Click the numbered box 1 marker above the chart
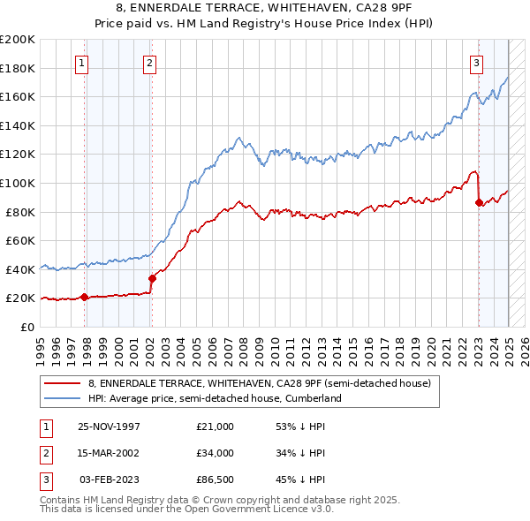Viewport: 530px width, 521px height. click(x=82, y=63)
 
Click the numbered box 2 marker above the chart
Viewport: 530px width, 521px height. click(x=150, y=63)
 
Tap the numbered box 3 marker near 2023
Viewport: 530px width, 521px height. click(x=476, y=63)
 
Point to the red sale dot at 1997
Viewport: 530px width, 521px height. click(x=85, y=297)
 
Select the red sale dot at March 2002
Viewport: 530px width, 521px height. click(x=152, y=278)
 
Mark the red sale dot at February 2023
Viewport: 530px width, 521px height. click(x=479, y=202)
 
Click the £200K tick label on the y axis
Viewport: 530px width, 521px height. click(x=18, y=39)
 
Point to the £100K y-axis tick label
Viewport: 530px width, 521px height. click(x=18, y=183)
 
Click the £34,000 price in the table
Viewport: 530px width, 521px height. click(x=215, y=453)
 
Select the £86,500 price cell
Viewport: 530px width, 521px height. click(x=215, y=479)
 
